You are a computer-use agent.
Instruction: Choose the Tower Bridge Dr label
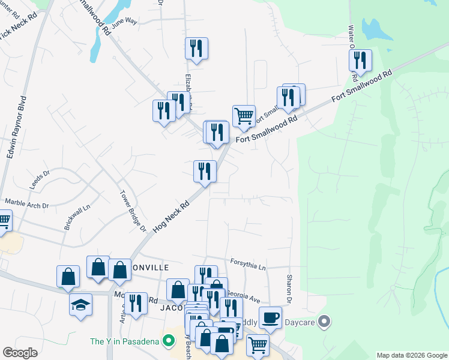pos(133,211)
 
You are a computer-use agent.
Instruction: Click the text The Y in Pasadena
pos(124,341)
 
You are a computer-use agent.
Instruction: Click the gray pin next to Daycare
pos(325,322)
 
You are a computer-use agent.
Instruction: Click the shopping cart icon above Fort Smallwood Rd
pos(244,115)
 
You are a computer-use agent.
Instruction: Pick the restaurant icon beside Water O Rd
pos(360,60)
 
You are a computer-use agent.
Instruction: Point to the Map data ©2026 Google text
pos(412,355)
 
